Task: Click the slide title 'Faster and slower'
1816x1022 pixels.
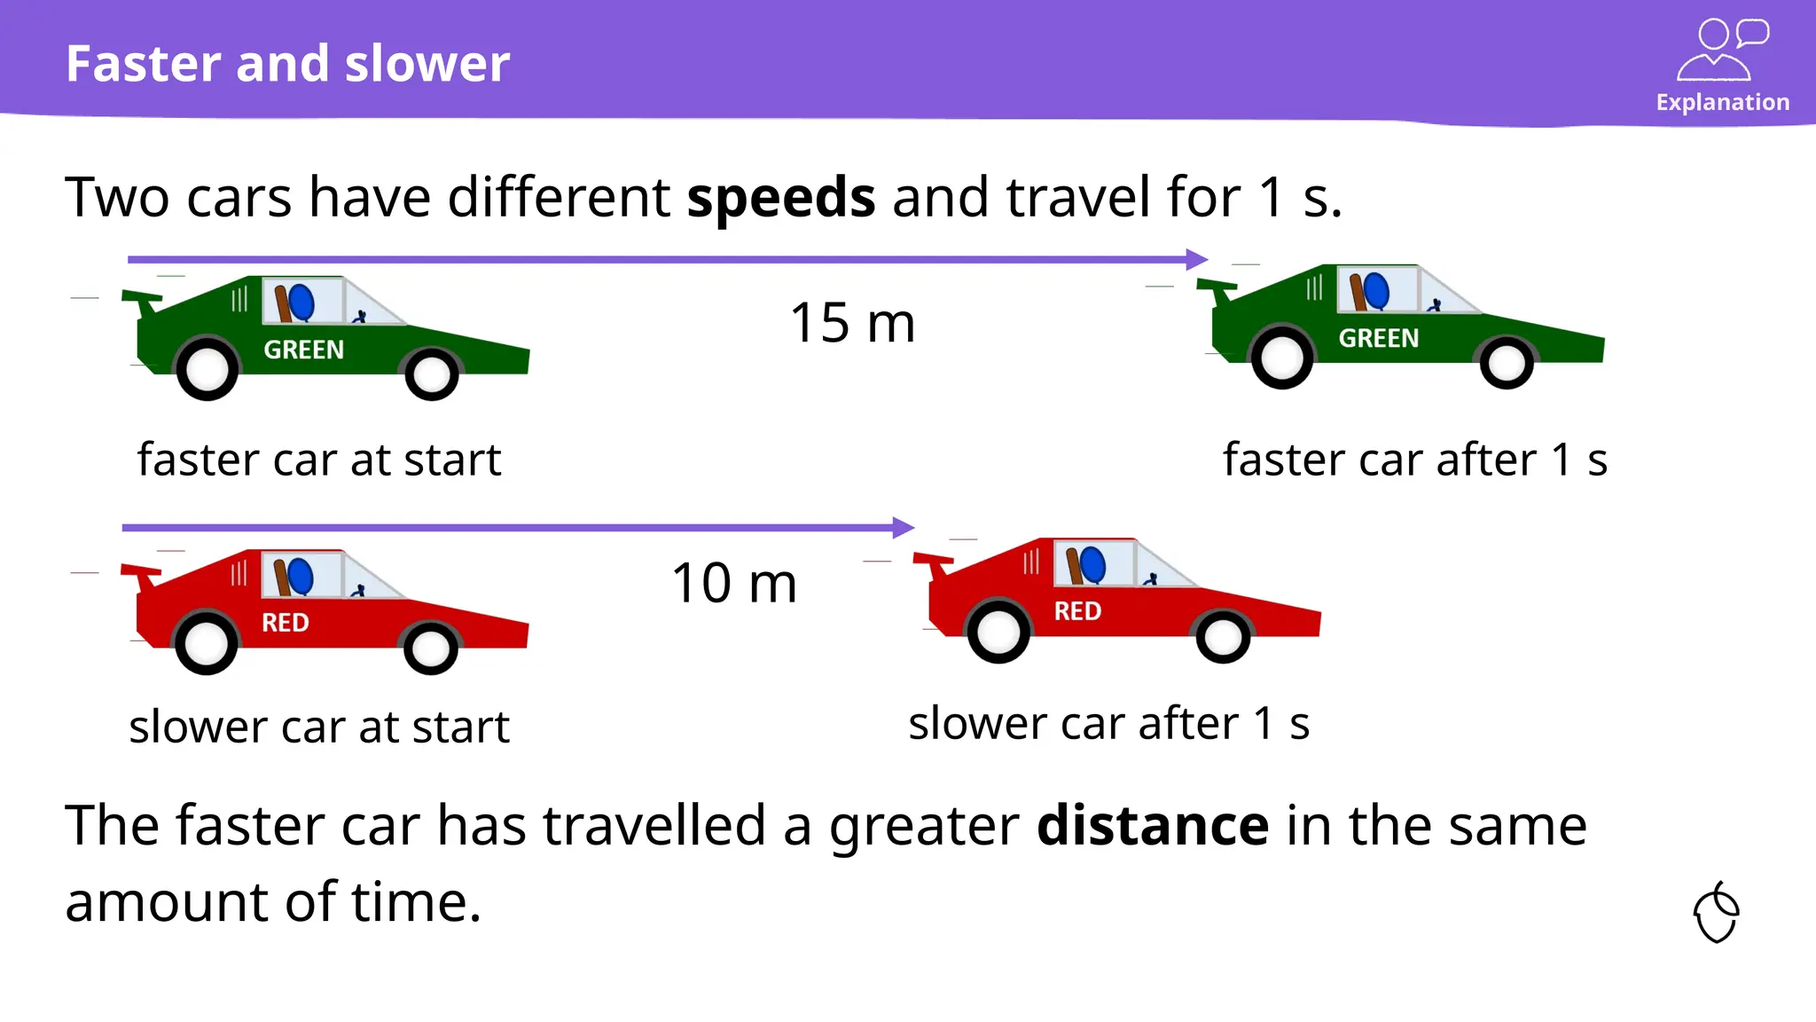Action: (x=287, y=64)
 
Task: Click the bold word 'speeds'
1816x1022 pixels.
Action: (x=781, y=197)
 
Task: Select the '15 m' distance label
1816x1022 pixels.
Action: (x=852, y=323)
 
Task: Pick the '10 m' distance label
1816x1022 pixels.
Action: (x=734, y=584)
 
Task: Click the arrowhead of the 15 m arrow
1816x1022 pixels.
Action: (x=1197, y=260)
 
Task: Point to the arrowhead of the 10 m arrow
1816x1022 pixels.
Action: (x=904, y=528)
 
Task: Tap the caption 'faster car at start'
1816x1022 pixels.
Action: (x=319, y=460)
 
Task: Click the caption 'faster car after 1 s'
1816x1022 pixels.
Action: (x=1415, y=460)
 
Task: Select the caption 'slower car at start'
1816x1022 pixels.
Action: (x=319, y=727)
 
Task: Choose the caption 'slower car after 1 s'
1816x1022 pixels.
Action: (x=1109, y=724)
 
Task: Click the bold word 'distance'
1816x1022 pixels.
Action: (x=1152, y=826)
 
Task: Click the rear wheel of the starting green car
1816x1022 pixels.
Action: (x=207, y=369)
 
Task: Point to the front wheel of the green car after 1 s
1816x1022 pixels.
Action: (x=1507, y=362)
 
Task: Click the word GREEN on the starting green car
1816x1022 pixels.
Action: (x=303, y=350)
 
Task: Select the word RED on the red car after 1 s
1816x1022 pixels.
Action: (x=1077, y=611)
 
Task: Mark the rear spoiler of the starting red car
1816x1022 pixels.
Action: (x=142, y=573)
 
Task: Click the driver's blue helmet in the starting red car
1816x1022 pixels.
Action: (x=300, y=577)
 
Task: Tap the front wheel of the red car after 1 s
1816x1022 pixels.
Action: (x=1223, y=635)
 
